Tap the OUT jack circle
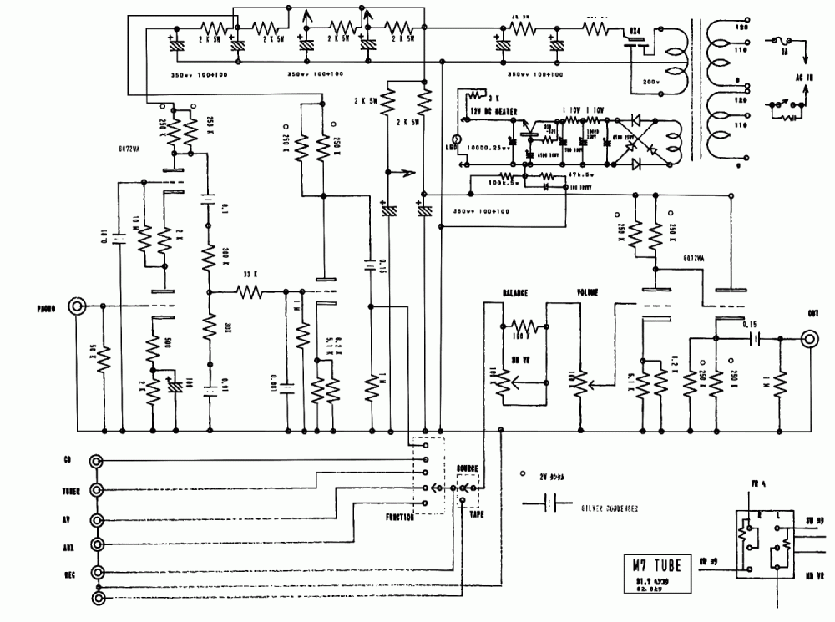pos(809,338)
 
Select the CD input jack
pos(99,461)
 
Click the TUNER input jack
pos(99,489)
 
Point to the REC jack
pos(99,573)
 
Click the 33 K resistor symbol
pos(249,292)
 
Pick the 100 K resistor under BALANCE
pos(523,326)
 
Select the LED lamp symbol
pos(457,139)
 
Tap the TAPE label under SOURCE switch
pos(475,515)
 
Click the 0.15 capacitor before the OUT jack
pos(755,338)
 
